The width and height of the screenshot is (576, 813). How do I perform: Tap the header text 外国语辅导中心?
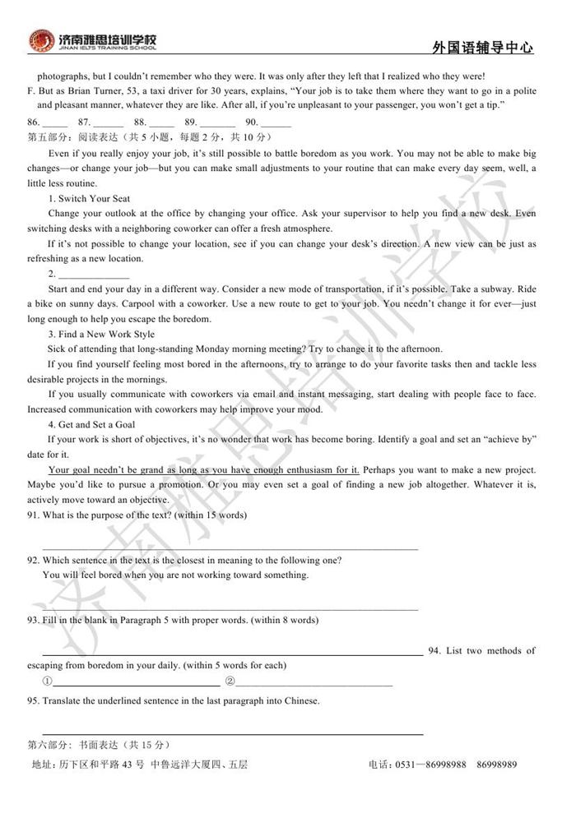[x=482, y=48]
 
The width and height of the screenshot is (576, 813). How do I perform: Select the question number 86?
[x=34, y=122]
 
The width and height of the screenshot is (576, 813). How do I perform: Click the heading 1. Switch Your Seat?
[x=89, y=198]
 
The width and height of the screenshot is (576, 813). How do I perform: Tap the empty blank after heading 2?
[x=93, y=275]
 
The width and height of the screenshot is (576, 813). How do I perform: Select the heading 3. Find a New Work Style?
[x=101, y=335]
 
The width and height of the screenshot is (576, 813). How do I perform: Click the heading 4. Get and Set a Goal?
[x=91, y=425]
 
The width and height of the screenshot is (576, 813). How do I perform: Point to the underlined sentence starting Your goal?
[x=203, y=470]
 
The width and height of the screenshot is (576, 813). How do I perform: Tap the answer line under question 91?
[x=230, y=547]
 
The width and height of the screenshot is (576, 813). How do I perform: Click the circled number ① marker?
[x=48, y=681]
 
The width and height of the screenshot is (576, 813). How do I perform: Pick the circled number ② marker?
[x=230, y=681]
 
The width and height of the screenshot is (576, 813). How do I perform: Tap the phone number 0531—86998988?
[x=434, y=764]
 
